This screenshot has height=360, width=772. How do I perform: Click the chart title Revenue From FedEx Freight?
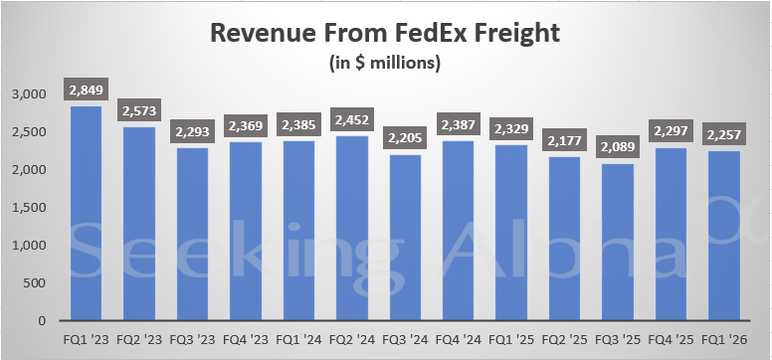385,32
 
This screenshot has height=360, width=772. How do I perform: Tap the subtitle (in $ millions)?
385,64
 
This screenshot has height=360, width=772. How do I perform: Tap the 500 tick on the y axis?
36,283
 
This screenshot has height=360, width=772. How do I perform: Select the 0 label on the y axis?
43,321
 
